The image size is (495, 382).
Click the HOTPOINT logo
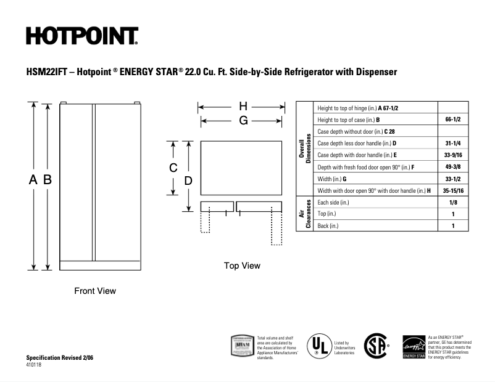click(81, 36)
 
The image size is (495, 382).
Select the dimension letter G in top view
click(243, 121)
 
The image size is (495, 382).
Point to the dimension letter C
click(174, 168)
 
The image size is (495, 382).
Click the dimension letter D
click(189, 181)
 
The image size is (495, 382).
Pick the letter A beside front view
click(33, 180)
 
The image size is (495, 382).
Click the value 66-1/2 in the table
click(453, 120)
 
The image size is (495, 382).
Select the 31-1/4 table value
click(453, 143)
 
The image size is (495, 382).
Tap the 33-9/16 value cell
click(453, 155)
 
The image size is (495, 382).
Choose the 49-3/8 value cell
click(453, 167)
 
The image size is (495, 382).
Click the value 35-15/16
click(453, 190)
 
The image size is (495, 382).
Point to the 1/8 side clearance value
click(453, 202)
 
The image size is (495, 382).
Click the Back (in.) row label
click(328, 226)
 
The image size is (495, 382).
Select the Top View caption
click(242, 266)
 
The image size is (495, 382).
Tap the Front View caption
click(95, 291)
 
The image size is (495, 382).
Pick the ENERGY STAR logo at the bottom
click(413, 347)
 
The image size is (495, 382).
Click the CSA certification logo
click(376, 346)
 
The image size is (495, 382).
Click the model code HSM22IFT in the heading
click(47, 72)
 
